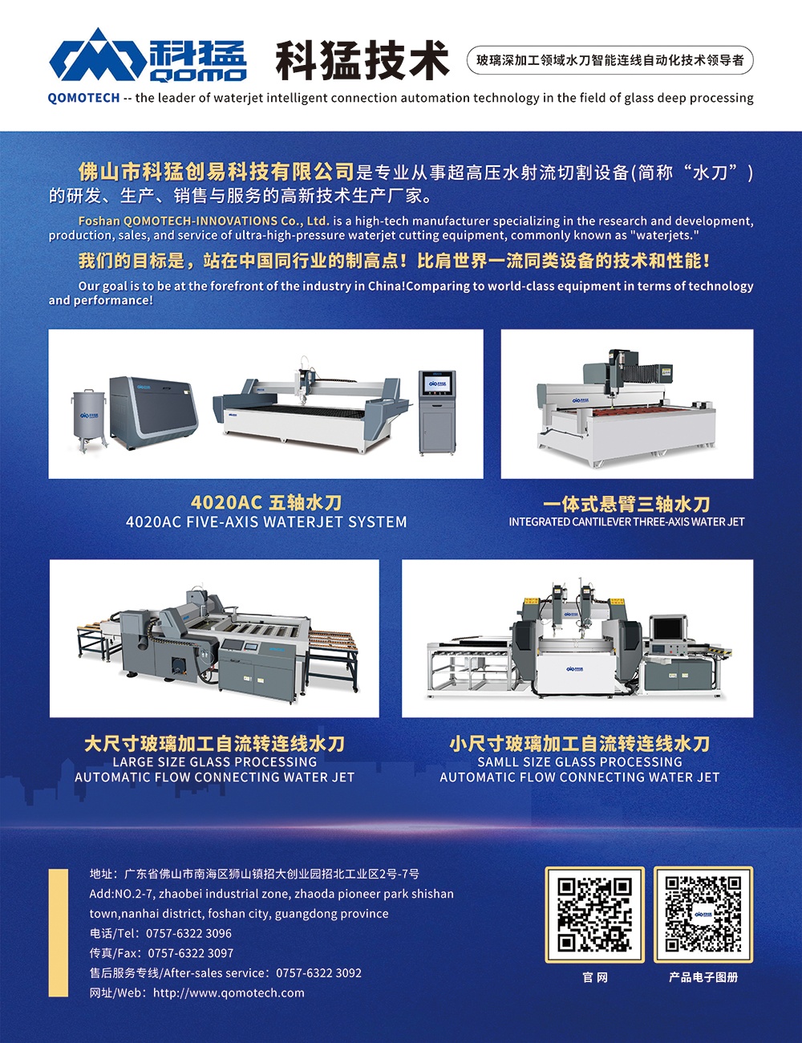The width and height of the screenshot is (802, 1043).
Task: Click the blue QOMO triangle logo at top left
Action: tap(98, 55)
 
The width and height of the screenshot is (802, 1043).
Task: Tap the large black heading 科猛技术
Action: tap(363, 60)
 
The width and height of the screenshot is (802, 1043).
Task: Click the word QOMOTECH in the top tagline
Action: tap(83, 98)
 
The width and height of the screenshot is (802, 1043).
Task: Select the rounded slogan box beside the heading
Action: tap(610, 60)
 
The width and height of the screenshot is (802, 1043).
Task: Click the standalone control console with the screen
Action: tap(437, 412)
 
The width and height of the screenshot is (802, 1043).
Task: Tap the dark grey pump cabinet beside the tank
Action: tap(153, 412)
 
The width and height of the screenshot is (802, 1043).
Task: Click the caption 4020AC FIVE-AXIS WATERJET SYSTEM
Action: tap(266, 521)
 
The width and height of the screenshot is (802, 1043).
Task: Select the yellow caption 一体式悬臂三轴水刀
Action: tap(626, 505)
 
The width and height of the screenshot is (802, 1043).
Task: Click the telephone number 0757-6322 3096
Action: tap(188, 934)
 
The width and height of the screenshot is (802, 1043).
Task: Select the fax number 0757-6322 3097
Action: tap(190, 953)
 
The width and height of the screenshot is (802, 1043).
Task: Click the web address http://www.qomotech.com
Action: tap(229, 992)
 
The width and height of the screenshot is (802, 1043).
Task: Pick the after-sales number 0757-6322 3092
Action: tap(318, 973)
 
